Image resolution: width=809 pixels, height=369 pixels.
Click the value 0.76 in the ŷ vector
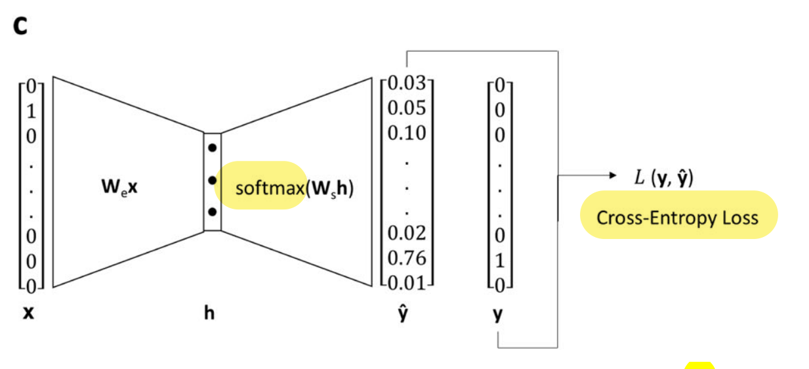[407, 258]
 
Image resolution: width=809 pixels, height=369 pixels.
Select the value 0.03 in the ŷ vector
[407, 83]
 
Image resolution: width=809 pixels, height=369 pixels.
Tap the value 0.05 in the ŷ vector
[407, 108]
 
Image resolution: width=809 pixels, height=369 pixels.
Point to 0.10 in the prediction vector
[407, 133]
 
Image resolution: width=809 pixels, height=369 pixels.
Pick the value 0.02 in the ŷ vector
[407, 233]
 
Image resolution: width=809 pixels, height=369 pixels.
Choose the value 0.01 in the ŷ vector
[407, 282]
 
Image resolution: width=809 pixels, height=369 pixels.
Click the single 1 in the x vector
[30, 110]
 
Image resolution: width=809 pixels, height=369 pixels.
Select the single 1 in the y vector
[499, 261]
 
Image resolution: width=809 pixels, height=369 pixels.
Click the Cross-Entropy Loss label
[677, 217]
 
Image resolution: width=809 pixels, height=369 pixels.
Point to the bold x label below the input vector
[29, 314]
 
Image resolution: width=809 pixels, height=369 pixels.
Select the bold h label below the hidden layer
[209, 313]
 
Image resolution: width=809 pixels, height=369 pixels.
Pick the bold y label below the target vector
[498, 315]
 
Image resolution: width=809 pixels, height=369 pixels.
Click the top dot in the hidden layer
[212, 148]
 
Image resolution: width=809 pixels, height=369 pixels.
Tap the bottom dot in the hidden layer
[212, 211]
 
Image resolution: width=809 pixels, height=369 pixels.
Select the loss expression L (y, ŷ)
[663, 176]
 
